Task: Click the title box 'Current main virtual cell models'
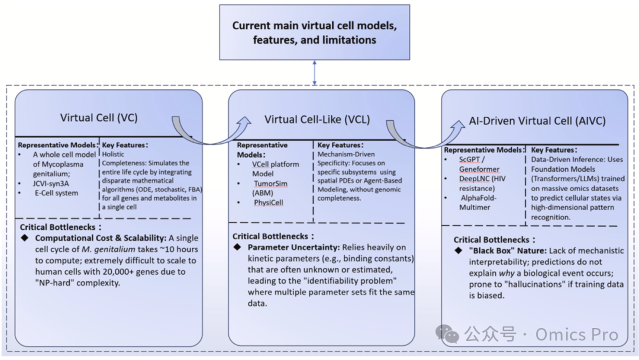315,33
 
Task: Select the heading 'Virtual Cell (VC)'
99,118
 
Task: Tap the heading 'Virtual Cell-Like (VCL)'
317,120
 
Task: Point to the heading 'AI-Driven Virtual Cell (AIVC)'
537,121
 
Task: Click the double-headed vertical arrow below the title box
314,73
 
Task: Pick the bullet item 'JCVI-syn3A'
51,184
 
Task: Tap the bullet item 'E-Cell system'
56,193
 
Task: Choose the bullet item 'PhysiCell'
268,202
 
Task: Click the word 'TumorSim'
270,184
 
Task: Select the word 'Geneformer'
479,169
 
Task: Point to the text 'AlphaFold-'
479,198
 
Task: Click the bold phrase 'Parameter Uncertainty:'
293,247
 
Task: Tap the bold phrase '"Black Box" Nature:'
508,250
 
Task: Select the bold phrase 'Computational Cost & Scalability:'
101,238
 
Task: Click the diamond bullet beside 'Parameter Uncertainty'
237,247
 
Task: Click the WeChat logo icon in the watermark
447,334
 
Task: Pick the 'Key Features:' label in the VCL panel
340,144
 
